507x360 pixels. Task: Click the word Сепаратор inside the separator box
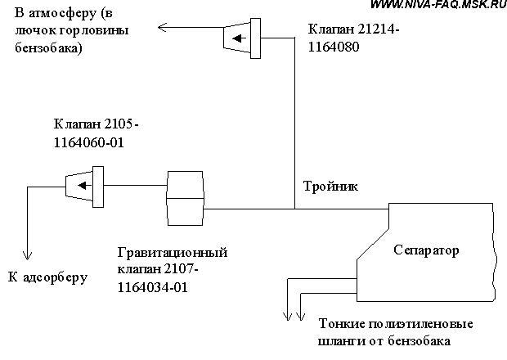425,249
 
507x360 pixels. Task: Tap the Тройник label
330,187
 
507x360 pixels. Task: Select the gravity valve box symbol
186,200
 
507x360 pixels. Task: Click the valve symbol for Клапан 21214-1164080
240,38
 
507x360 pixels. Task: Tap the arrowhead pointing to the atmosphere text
163,28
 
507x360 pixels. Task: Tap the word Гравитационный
169,251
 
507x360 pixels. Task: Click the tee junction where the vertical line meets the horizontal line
294,208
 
